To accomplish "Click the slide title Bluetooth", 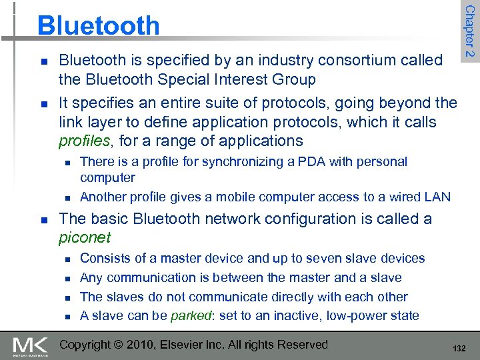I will click(99, 26).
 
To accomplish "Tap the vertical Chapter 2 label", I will click(469, 31).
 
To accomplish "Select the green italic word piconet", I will click(85, 237).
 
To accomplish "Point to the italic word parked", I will click(191, 316).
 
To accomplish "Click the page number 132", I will click(459, 349).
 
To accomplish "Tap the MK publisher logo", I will click(31, 345).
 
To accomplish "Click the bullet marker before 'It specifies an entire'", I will click(43, 104).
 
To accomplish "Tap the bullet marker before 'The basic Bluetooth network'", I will click(43, 219).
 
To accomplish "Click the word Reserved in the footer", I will click(303, 345).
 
